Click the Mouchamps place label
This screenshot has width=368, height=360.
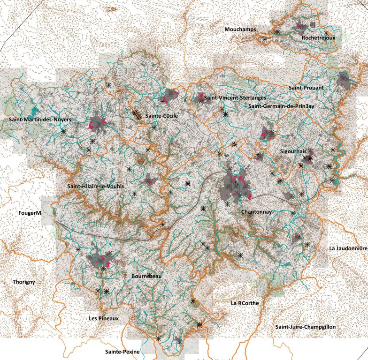240,30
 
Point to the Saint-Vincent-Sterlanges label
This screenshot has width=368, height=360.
235,97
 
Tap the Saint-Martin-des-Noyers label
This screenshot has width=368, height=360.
40,120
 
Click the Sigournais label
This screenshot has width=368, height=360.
293,151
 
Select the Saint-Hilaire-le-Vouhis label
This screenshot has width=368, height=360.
96,186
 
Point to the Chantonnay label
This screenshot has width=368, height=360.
256,212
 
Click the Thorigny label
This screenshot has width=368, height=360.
24,282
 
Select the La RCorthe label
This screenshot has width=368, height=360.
245,303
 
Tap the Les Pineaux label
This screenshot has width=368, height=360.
104,318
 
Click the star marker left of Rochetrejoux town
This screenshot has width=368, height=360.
277,32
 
